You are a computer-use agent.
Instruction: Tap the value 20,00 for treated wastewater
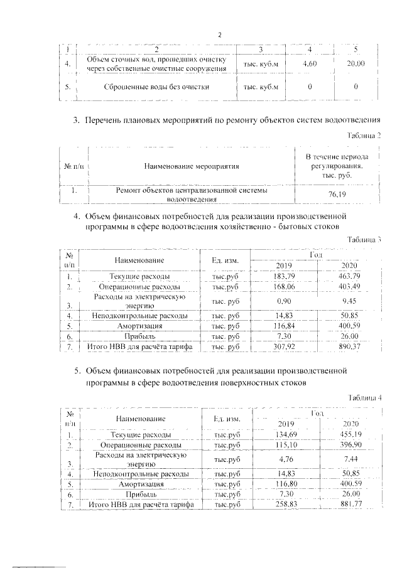click(355, 63)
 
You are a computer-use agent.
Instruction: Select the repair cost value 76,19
click(333, 195)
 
